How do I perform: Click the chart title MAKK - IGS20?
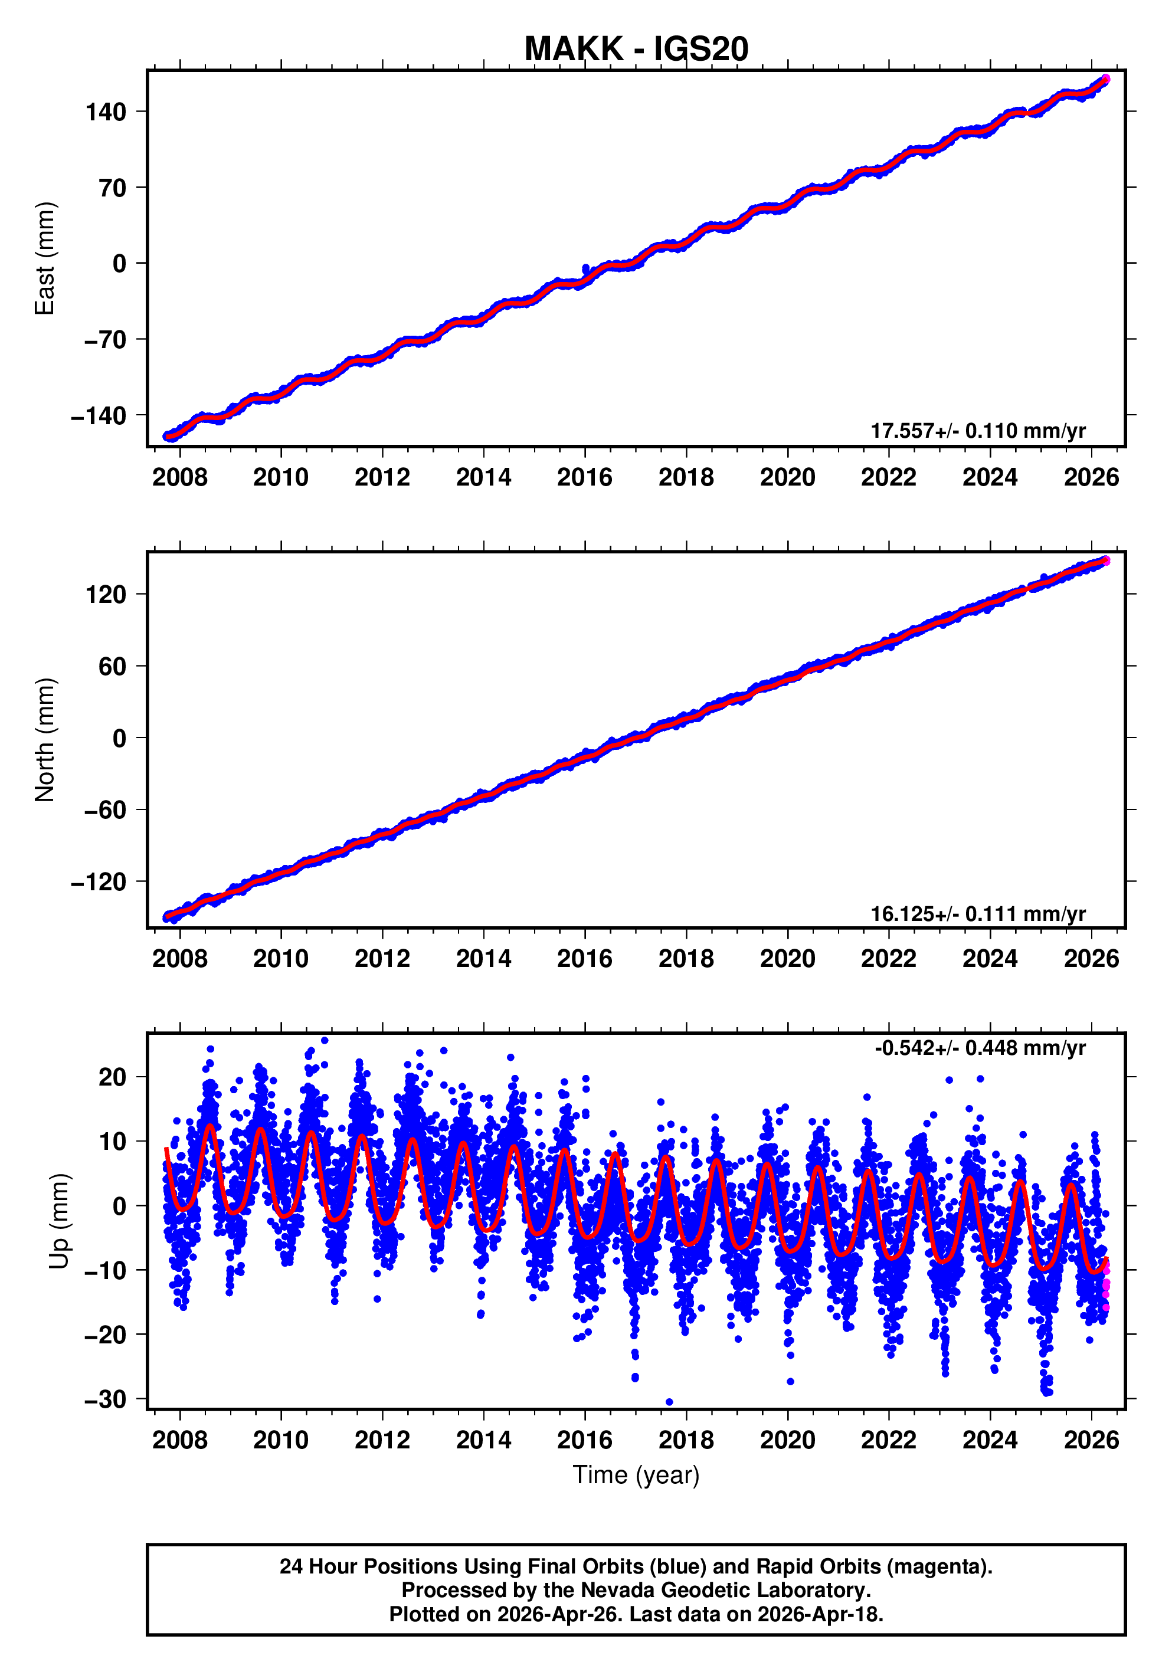(636, 50)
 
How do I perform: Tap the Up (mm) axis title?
(60, 1221)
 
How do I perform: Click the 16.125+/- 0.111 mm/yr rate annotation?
(977, 913)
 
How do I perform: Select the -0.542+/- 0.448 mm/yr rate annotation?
(980, 1048)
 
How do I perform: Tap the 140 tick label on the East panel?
(106, 112)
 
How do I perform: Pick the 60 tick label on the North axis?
(112, 666)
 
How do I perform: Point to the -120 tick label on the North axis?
(99, 883)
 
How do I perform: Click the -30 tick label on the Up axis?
(105, 1399)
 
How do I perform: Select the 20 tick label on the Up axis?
(112, 1077)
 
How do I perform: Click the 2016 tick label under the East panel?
(584, 478)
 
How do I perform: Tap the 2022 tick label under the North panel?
(888, 959)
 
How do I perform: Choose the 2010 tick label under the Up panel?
(280, 1440)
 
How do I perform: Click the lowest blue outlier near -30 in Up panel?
(669, 1402)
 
